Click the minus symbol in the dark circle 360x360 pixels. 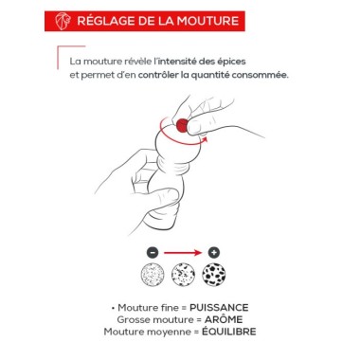pos(153,253)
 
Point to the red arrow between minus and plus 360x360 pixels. pos(183,253)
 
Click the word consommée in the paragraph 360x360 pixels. pos(260,74)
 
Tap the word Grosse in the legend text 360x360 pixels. pos(130,320)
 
